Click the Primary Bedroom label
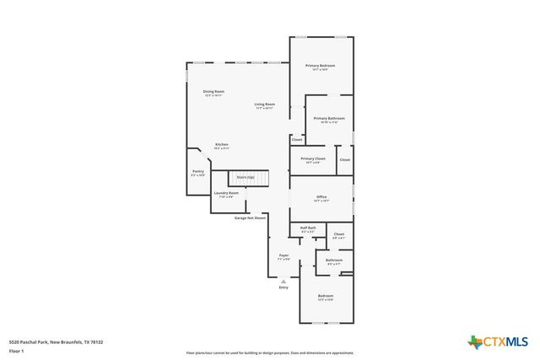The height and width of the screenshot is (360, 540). click(x=320, y=66)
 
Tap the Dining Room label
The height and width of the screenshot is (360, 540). click(x=213, y=91)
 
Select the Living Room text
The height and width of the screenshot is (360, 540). click(x=265, y=105)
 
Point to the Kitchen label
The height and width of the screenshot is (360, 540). click(x=221, y=144)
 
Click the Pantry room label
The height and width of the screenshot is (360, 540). click(x=197, y=171)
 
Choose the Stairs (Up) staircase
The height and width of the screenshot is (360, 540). click(x=248, y=178)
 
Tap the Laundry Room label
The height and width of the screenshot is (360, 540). click(x=225, y=193)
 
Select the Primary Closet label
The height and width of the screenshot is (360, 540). click(x=312, y=159)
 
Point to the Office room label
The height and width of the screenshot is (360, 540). click(x=321, y=197)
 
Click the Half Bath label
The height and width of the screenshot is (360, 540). click(x=308, y=228)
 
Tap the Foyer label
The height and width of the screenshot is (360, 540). click(x=284, y=255)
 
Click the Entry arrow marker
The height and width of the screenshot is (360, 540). click(x=283, y=281)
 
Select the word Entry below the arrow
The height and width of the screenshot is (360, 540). click(x=283, y=287)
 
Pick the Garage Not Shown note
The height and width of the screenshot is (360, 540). click(x=250, y=218)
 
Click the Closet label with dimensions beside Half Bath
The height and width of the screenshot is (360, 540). click(x=338, y=234)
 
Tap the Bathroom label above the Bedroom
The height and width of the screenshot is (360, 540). click(x=334, y=261)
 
